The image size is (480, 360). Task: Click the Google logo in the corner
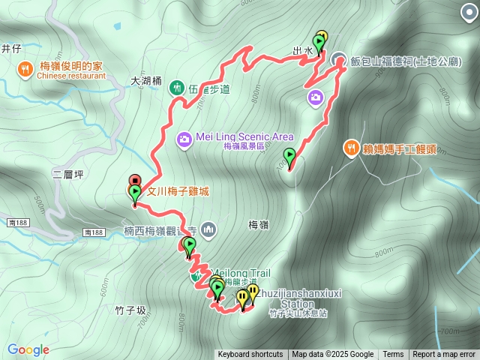tap(28, 349)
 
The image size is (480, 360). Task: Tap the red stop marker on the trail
tap(134, 180)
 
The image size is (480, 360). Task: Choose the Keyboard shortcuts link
tap(250, 355)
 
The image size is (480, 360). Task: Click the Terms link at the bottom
tap(393, 355)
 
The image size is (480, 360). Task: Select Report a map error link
tap(444, 355)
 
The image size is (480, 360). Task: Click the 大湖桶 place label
tap(145, 80)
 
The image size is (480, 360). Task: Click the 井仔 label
tap(10, 49)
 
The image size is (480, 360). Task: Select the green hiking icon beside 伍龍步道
tap(177, 88)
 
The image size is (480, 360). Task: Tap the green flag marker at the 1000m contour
tap(289, 157)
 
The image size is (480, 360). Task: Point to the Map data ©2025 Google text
tap(332, 355)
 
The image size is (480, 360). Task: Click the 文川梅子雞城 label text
tap(177, 192)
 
